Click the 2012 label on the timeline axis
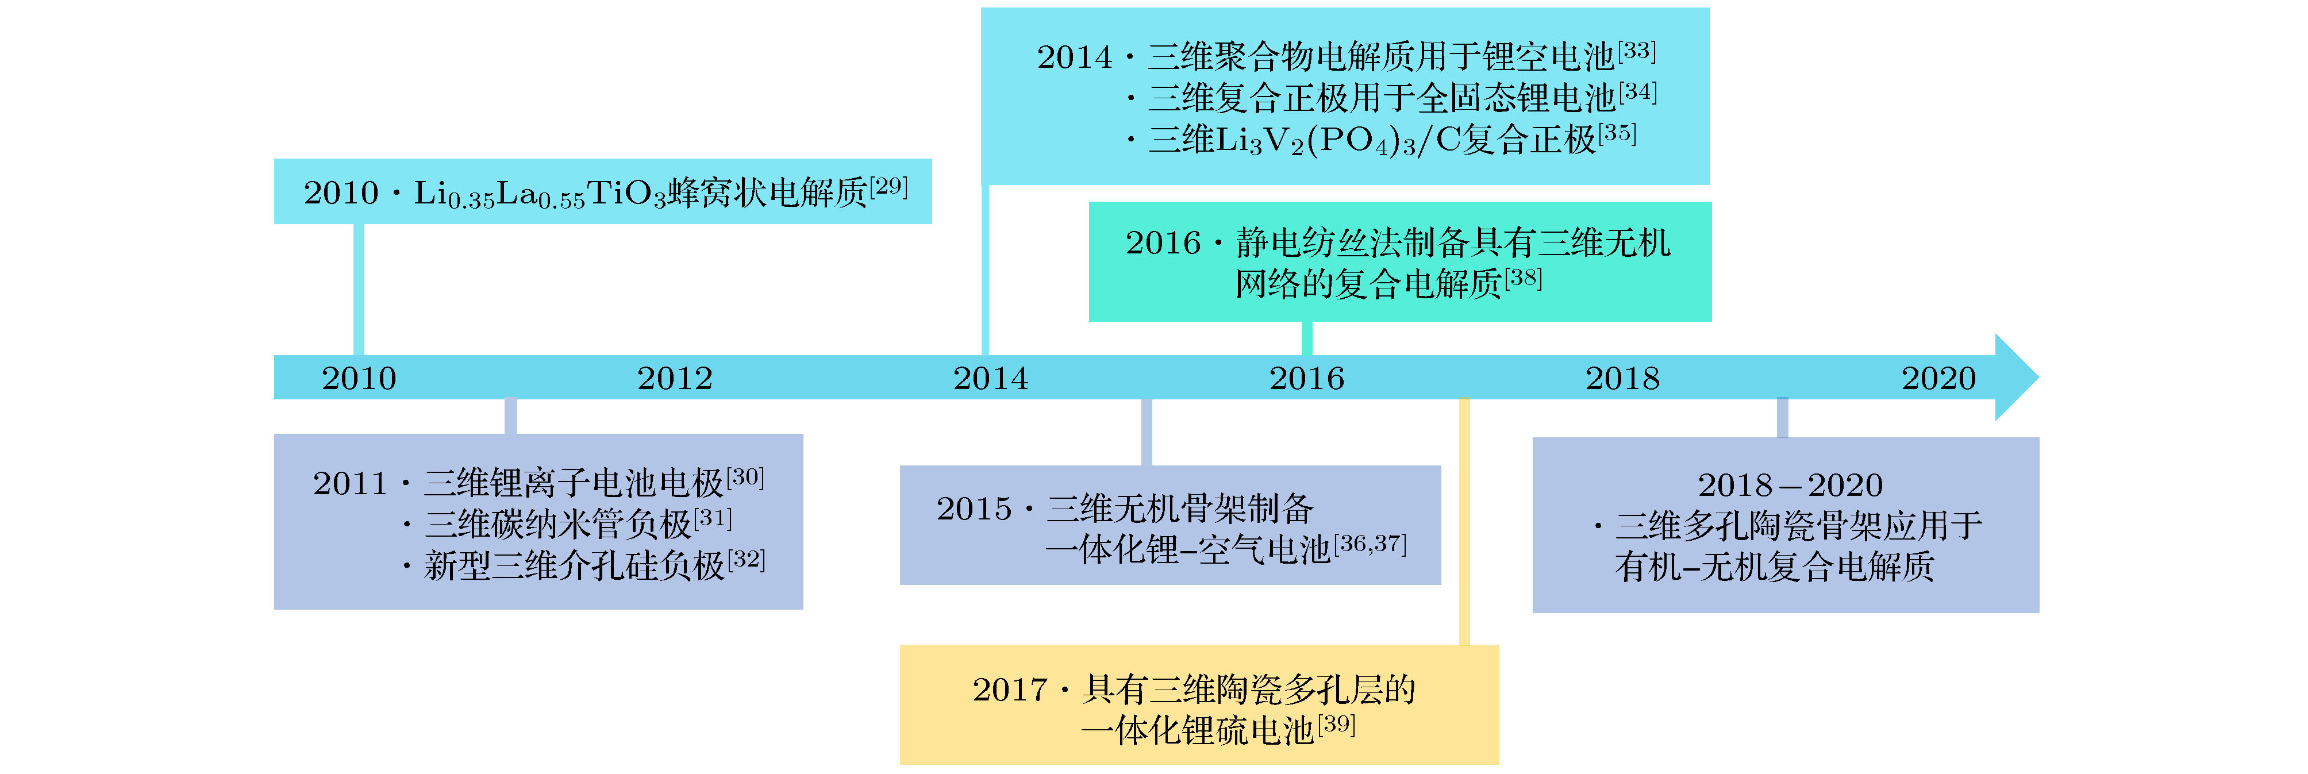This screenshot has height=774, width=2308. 675,378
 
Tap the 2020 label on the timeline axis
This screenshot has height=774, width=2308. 1939,378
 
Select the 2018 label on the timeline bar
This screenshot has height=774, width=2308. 1622,378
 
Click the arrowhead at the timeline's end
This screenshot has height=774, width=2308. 2017,377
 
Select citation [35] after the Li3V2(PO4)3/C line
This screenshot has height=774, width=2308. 1617,133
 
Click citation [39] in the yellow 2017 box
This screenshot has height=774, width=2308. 1336,724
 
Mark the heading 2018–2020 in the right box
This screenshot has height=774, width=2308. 1790,484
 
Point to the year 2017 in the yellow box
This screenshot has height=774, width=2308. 1010,690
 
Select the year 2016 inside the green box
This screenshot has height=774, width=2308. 1163,242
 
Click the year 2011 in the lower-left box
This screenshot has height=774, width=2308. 349,484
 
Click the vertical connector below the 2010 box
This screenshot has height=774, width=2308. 359,290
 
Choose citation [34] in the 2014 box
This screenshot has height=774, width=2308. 1638,91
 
